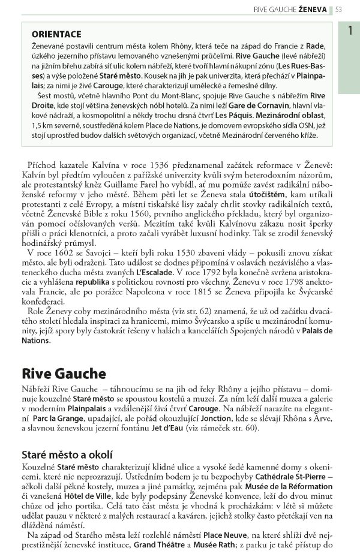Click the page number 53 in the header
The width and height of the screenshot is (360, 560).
[339, 9]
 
